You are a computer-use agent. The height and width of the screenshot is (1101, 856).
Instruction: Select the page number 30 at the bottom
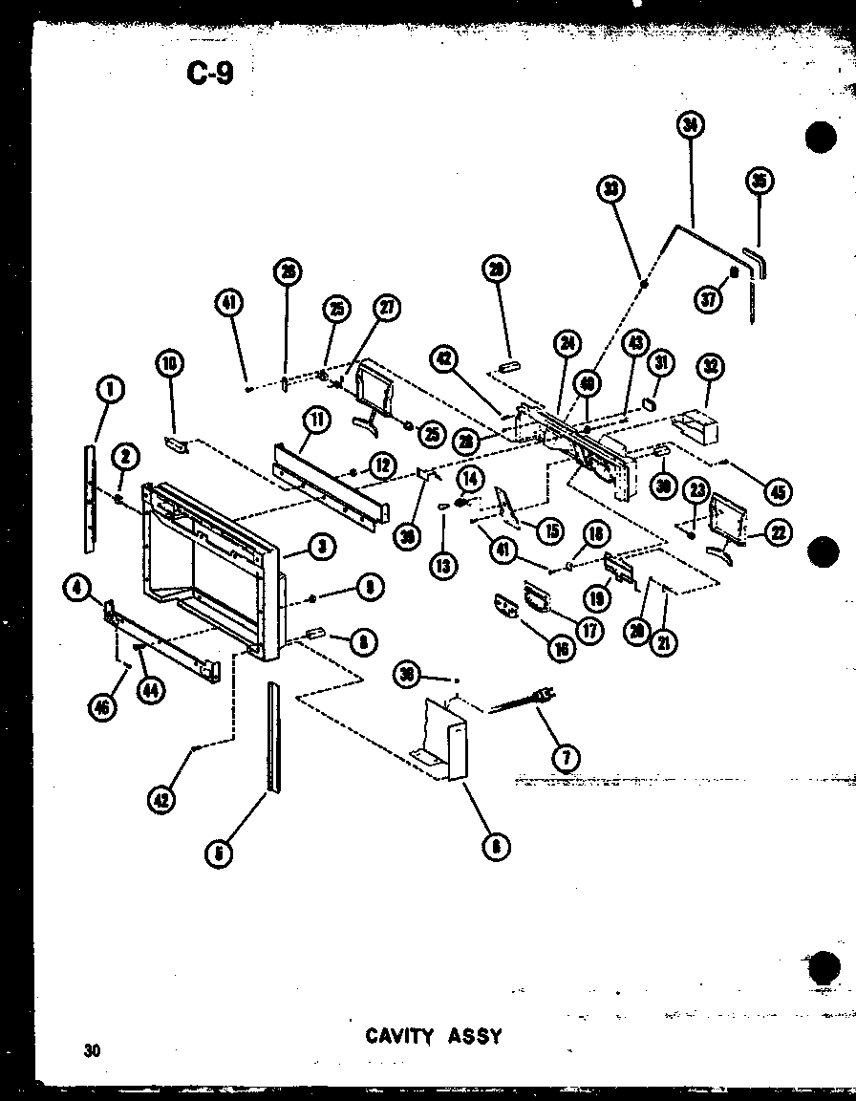coord(92,1051)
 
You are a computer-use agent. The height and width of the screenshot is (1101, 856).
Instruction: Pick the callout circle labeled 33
coord(612,189)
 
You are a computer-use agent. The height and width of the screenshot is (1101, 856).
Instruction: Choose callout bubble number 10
coord(171,363)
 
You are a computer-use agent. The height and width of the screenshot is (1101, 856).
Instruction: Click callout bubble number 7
coord(566,758)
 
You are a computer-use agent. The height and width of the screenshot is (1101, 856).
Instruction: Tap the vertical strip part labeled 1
coord(90,497)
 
